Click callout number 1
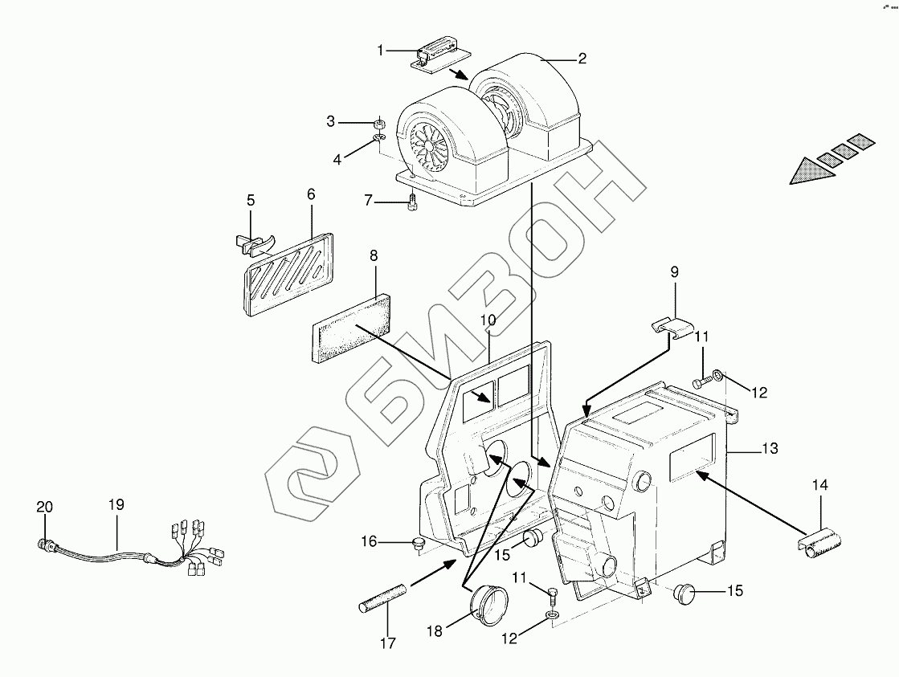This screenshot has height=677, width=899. click(381, 50)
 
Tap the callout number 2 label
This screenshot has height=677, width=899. click(582, 59)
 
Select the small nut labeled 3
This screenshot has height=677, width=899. click(380, 124)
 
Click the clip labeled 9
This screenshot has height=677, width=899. click(672, 326)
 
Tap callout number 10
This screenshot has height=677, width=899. click(488, 320)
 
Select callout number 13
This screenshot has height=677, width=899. click(770, 449)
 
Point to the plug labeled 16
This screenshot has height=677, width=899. click(416, 545)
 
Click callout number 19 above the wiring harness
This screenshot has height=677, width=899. click(116, 505)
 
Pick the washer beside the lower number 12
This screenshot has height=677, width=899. click(550, 614)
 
